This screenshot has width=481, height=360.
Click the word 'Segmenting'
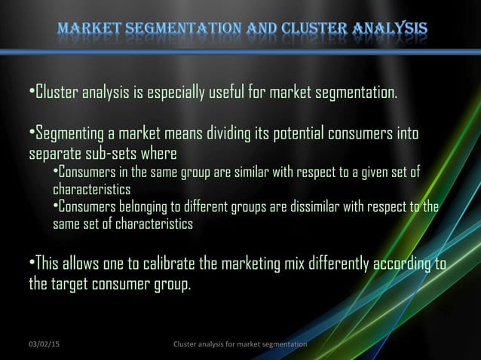[69, 136]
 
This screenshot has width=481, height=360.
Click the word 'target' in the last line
[72, 285]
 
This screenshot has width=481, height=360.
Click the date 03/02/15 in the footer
[44, 344]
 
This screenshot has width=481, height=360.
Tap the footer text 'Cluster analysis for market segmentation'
[240, 344]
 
